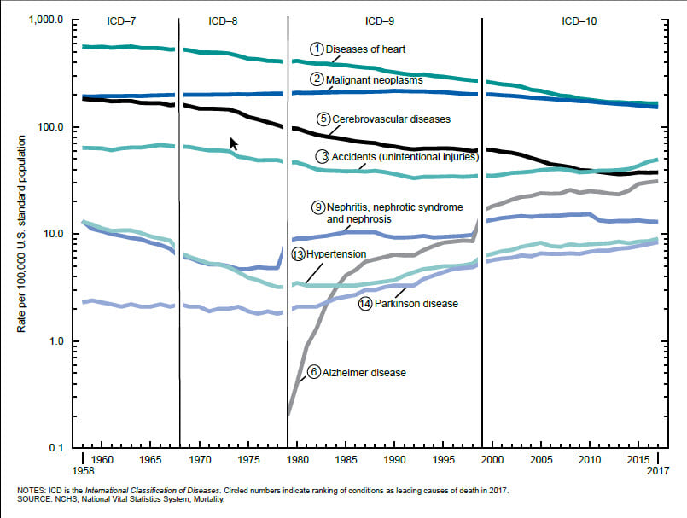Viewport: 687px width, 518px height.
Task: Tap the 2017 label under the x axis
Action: (657, 471)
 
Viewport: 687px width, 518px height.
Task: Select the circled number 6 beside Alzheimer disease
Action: (315, 372)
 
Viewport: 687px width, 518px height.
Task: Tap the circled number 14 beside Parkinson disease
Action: (365, 304)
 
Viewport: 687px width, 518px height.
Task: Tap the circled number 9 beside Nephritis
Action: (317, 207)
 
